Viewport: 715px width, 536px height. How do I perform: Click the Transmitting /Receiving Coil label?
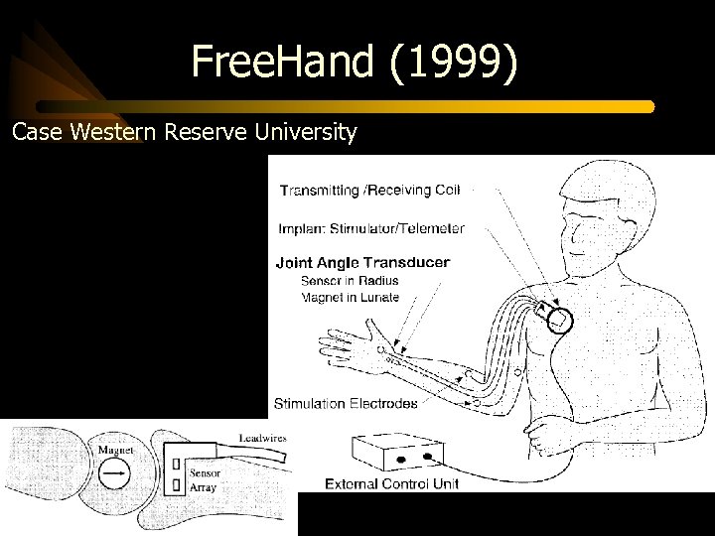coord(369,190)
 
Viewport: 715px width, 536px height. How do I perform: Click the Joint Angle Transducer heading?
coord(362,263)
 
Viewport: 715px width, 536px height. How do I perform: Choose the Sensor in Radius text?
coord(350,281)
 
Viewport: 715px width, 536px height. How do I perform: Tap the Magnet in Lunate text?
coord(350,297)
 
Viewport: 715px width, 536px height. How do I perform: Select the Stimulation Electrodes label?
coord(346,404)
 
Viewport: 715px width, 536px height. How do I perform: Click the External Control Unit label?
coord(391,484)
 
